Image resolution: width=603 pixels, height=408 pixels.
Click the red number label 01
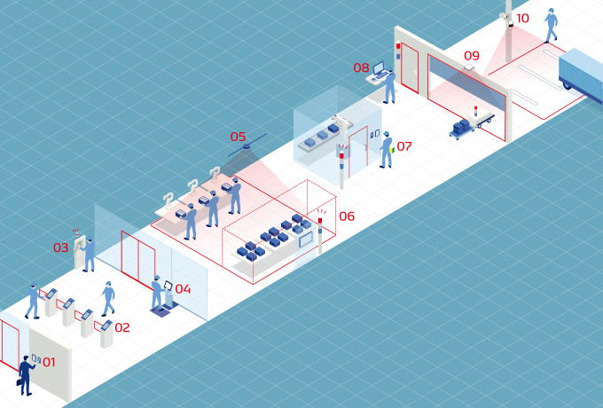click(x=49, y=362)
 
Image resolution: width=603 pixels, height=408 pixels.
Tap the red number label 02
click(x=122, y=327)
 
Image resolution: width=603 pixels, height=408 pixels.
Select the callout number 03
click(x=61, y=247)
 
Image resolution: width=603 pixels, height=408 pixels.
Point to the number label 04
click(x=183, y=289)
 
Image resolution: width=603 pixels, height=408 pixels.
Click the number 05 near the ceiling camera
click(x=238, y=137)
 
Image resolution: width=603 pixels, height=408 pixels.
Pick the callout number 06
click(x=347, y=216)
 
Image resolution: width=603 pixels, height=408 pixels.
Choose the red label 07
click(x=404, y=146)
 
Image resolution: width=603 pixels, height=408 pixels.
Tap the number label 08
click(x=361, y=67)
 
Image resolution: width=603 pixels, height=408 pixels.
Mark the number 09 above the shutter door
click(x=472, y=56)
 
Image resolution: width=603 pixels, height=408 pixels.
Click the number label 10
click(x=522, y=18)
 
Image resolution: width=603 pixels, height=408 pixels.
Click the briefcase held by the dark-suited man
click(x=19, y=382)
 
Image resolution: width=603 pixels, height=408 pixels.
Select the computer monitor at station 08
click(x=379, y=68)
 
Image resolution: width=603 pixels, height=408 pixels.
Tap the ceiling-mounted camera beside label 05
click(x=247, y=146)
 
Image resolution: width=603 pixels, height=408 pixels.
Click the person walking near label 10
click(x=551, y=26)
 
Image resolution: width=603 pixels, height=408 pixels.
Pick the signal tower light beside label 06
click(x=320, y=235)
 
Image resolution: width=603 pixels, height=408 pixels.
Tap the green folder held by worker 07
click(x=392, y=150)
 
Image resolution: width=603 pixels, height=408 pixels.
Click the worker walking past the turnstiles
click(x=108, y=298)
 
